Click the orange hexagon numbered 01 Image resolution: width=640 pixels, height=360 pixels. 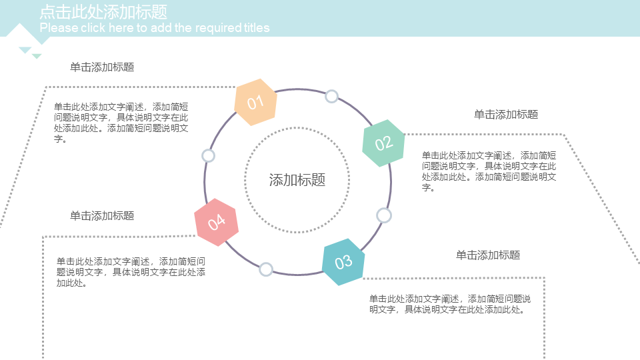pos(255,102)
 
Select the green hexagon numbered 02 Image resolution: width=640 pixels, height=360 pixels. pos(383,143)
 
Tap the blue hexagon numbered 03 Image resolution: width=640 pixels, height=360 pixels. pos(343,261)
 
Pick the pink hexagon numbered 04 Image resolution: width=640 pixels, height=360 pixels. pos(216,222)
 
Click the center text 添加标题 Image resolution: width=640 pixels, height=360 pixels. pos(297,180)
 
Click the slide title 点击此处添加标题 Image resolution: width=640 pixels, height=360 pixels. pos(103,12)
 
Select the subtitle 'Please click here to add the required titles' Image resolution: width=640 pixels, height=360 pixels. pos(155,28)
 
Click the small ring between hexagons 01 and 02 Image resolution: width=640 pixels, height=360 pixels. pos(331,97)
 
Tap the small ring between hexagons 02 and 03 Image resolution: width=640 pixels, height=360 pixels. pos(383,215)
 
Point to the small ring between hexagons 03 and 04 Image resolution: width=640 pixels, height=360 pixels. pos(266,269)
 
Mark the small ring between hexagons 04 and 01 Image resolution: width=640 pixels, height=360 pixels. pos(208,156)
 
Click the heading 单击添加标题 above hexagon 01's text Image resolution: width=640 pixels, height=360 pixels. pos(102,67)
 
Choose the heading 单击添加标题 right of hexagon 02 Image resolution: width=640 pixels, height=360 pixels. pos(505,114)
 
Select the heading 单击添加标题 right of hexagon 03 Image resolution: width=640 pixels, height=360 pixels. pos(487,255)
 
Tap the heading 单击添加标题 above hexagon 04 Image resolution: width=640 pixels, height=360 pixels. pos(102,215)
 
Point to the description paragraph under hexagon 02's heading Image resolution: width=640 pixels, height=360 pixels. pos(489,171)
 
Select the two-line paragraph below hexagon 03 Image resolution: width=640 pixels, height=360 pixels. pos(450,303)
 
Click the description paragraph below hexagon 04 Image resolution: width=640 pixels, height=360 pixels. pos(130,272)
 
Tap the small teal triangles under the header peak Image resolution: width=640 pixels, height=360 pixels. pos(30,52)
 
